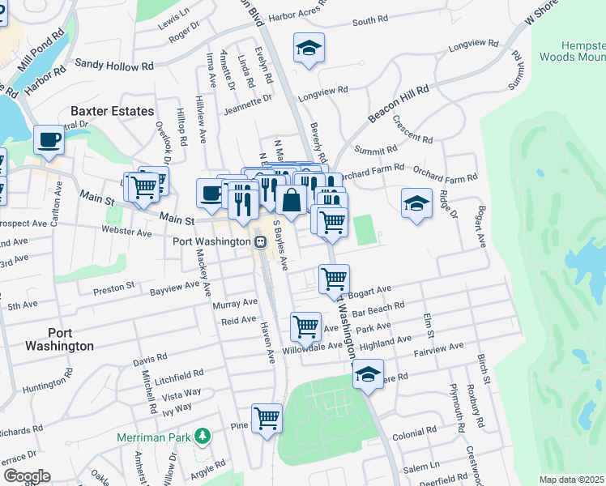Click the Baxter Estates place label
[112, 111]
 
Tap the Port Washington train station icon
[261, 241]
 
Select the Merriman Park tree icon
[202, 437]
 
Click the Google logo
[26, 476]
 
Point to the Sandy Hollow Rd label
[114, 62]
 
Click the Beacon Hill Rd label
[398, 102]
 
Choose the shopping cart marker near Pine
[267, 418]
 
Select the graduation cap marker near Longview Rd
[309, 48]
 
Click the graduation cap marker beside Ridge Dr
[416, 202]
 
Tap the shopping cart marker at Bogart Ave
[334, 279]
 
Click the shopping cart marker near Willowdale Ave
[305, 326]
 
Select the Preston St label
[113, 288]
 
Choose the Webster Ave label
[126, 232]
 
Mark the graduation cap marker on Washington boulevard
[367, 374]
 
